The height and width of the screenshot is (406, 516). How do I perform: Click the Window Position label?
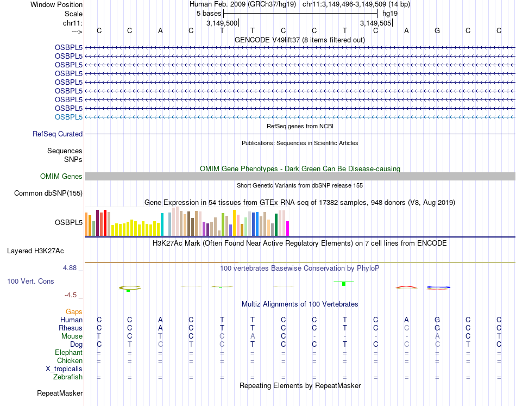click(56, 4)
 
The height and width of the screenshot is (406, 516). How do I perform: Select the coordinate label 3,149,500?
click(222, 23)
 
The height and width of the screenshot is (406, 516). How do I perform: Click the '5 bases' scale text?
click(209, 13)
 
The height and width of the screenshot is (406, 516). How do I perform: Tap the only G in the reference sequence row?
click(437, 30)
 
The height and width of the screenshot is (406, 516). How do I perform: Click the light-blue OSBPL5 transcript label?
click(68, 117)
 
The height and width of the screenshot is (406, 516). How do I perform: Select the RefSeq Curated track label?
click(58, 134)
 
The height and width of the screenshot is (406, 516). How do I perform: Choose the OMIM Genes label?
click(61, 176)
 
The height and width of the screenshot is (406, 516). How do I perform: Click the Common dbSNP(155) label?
click(48, 193)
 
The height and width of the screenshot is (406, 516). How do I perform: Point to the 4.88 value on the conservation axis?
click(71, 267)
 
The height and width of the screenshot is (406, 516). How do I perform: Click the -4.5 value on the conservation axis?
click(72, 295)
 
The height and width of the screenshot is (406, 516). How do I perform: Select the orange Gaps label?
click(74, 312)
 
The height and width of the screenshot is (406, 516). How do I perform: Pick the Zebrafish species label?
click(67, 377)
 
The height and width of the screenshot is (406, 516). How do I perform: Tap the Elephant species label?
click(68, 352)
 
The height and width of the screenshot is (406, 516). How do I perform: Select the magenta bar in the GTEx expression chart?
click(288, 228)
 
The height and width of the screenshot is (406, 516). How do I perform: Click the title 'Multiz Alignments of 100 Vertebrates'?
click(300, 304)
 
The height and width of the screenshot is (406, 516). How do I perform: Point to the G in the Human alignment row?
click(437, 320)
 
